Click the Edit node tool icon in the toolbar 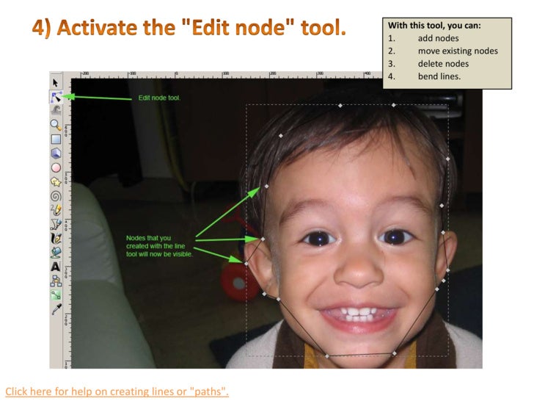56,95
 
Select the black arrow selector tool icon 56,82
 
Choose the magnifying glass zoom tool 56,125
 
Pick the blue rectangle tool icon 56,139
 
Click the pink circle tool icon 56,167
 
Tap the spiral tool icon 56,196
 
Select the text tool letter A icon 56,267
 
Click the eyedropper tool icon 56,309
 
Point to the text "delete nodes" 443,63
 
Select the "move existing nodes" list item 458,51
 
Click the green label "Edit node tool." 159,98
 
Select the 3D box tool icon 56,153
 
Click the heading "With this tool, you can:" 434,26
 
